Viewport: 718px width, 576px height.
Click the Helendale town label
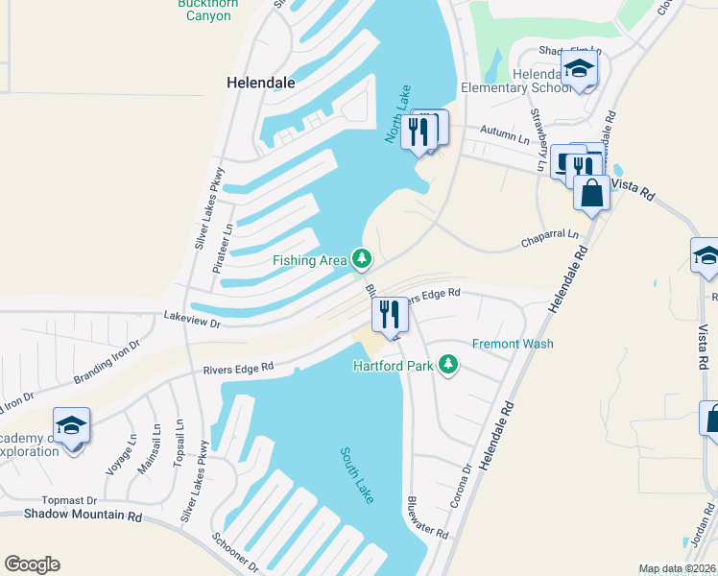click(260, 83)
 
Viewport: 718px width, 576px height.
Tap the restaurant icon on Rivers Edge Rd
click(390, 315)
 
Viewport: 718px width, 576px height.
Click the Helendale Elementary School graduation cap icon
click(579, 69)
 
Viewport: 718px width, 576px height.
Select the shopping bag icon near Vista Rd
click(591, 193)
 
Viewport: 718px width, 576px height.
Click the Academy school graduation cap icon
click(71, 425)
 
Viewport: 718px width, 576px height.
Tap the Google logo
click(32, 564)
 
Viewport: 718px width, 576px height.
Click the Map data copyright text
click(677, 568)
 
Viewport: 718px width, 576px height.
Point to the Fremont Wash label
click(513, 344)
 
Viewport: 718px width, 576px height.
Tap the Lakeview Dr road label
click(192, 319)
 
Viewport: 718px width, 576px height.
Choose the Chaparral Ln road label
click(550, 234)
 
